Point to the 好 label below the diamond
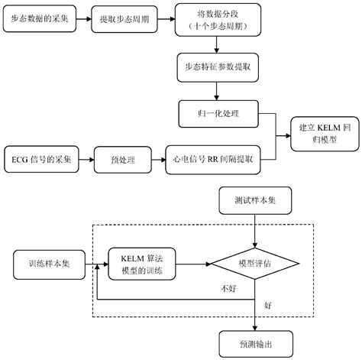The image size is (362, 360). coord(267,305)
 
